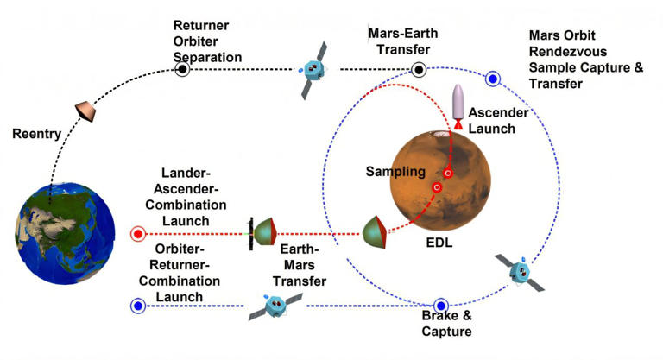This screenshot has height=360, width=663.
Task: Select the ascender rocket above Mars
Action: [x=458, y=107]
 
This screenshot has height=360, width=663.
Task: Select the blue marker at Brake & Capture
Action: [x=441, y=306]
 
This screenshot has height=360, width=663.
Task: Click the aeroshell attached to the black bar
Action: [x=264, y=233]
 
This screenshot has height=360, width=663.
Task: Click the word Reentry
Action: [x=35, y=134]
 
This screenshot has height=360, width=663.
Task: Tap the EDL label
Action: [x=438, y=244]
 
